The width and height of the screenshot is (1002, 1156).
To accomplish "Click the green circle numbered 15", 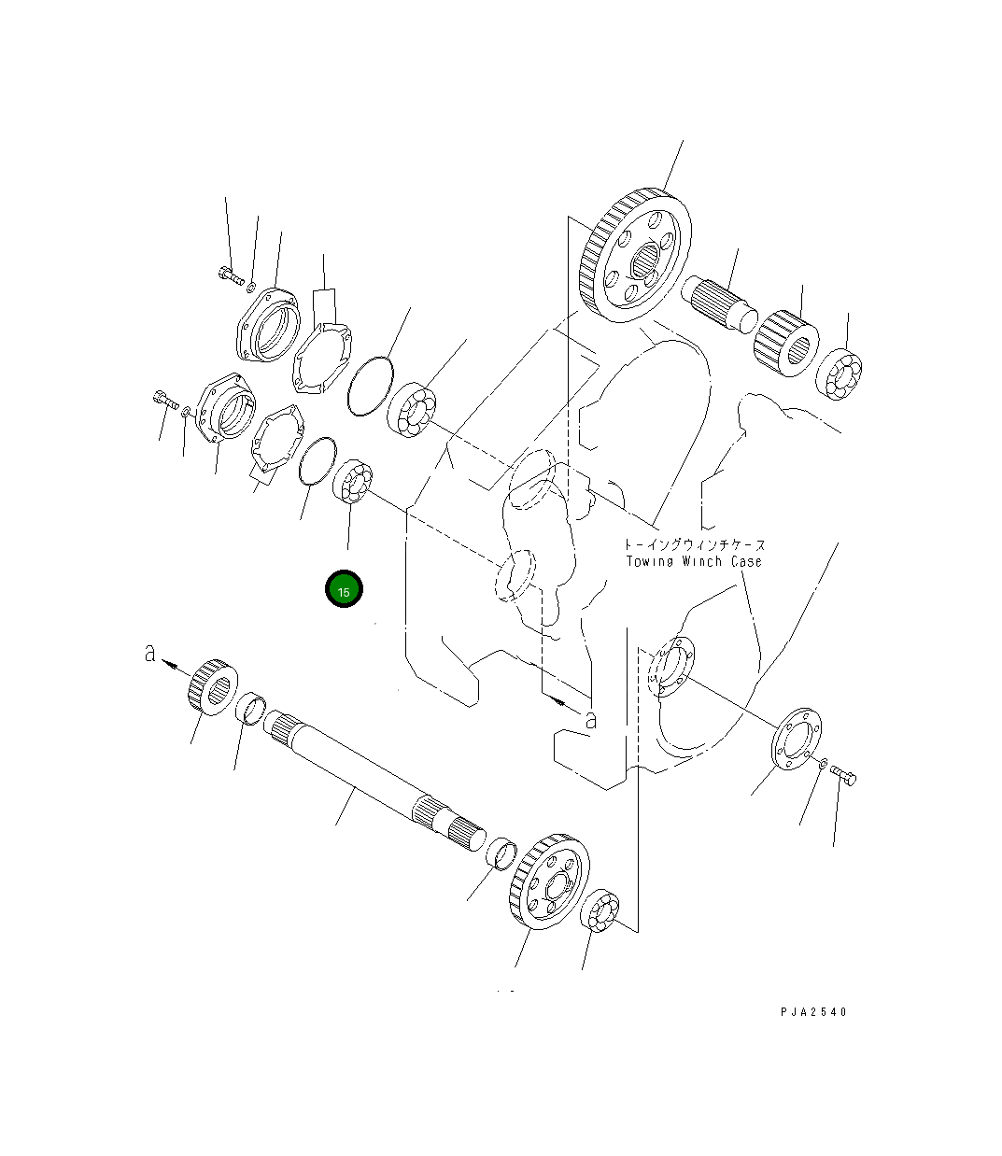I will click(344, 589).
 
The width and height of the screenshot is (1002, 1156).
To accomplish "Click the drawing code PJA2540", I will click(814, 1012).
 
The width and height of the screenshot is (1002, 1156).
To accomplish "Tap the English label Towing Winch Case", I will click(694, 561).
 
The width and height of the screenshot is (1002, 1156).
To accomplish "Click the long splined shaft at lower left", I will click(374, 775).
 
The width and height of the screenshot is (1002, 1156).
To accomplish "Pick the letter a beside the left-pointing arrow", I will click(150, 654).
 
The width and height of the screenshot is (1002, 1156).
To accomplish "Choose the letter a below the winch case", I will click(589, 720).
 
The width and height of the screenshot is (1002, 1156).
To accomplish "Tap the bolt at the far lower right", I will click(844, 775).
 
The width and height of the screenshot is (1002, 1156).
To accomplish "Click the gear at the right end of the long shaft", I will click(550, 880).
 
